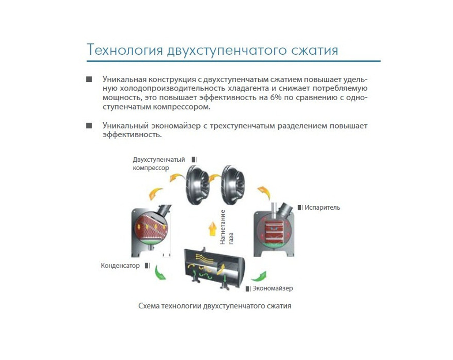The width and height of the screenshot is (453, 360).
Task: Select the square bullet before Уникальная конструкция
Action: point(89,79)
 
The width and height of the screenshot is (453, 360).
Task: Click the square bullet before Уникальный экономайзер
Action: point(89,125)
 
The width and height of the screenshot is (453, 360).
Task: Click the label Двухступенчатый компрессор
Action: point(159,163)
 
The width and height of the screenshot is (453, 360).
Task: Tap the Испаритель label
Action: point(322,207)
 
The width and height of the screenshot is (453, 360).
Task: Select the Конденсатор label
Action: point(120,266)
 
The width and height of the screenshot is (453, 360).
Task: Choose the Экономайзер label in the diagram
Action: point(272,288)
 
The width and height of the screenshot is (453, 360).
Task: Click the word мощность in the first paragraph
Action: point(120,98)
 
